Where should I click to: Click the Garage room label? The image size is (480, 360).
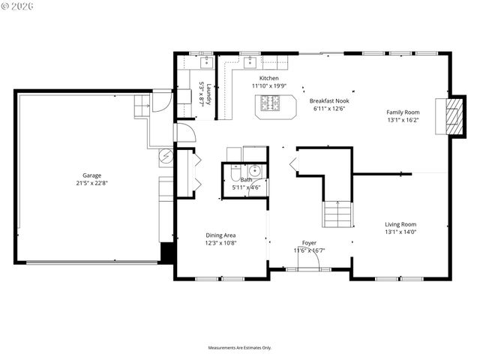[x=91, y=175]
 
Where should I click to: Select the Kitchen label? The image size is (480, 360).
[x=269, y=78]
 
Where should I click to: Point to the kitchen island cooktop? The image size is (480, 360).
[x=269, y=103]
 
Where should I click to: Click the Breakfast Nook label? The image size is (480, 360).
[x=329, y=100]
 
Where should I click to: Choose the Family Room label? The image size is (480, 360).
[x=403, y=112]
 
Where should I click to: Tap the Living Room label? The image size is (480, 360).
[x=400, y=224]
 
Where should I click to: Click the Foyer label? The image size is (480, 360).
[x=309, y=242]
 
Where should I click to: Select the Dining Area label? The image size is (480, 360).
[x=220, y=235]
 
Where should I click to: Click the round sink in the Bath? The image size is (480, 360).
[x=255, y=171]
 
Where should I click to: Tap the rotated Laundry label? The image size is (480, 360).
[x=210, y=92]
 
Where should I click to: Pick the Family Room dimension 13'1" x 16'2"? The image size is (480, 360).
[x=403, y=120]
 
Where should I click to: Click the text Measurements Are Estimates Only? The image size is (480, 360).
[x=239, y=348]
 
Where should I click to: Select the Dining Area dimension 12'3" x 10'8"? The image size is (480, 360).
[x=220, y=243]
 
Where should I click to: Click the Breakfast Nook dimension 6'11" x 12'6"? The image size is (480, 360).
[x=329, y=109]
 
